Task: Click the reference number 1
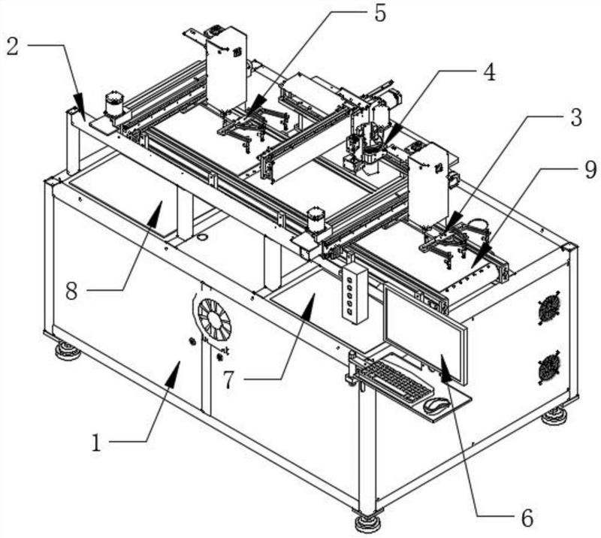point(97,443)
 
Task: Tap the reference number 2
point(13,47)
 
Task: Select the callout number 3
point(575,117)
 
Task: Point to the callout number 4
point(489,71)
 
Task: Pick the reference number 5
point(379,14)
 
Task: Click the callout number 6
point(527,518)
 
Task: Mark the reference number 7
point(228,379)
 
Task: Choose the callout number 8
point(71,290)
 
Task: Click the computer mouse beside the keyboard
point(436,405)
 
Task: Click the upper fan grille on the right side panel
point(549,308)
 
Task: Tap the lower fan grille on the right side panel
point(549,368)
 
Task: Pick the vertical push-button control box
point(355,294)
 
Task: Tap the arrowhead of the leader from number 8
point(156,213)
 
